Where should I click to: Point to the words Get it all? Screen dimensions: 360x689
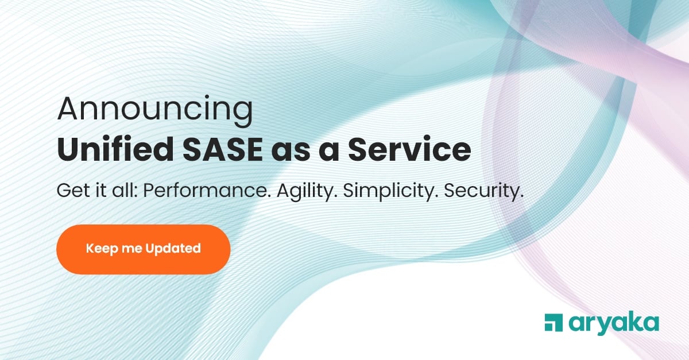click(95, 190)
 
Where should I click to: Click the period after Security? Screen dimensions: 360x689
click(521, 196)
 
